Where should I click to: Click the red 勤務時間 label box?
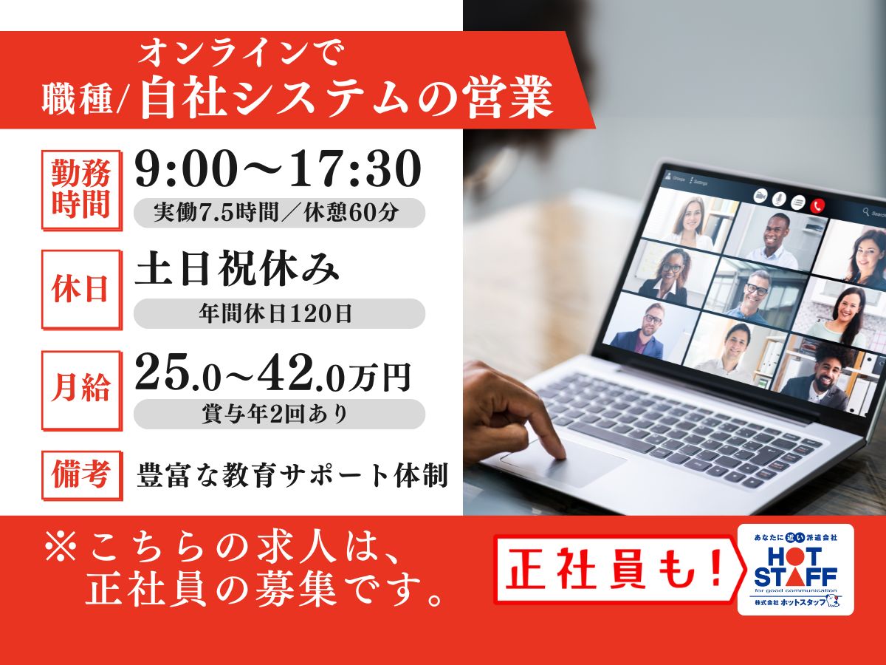81,190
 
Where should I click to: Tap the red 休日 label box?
81,290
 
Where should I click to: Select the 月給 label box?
81,390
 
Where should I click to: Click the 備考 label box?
81,476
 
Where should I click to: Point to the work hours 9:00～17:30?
278,168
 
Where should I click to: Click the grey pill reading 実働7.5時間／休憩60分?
279,213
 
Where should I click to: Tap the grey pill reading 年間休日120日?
279,313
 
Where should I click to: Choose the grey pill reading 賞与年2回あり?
279,414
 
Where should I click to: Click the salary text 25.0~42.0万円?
273,374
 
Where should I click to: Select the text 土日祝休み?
237,269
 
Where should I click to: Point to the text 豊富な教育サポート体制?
292,476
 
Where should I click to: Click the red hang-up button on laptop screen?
817,205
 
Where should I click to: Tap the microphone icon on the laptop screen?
779,199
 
